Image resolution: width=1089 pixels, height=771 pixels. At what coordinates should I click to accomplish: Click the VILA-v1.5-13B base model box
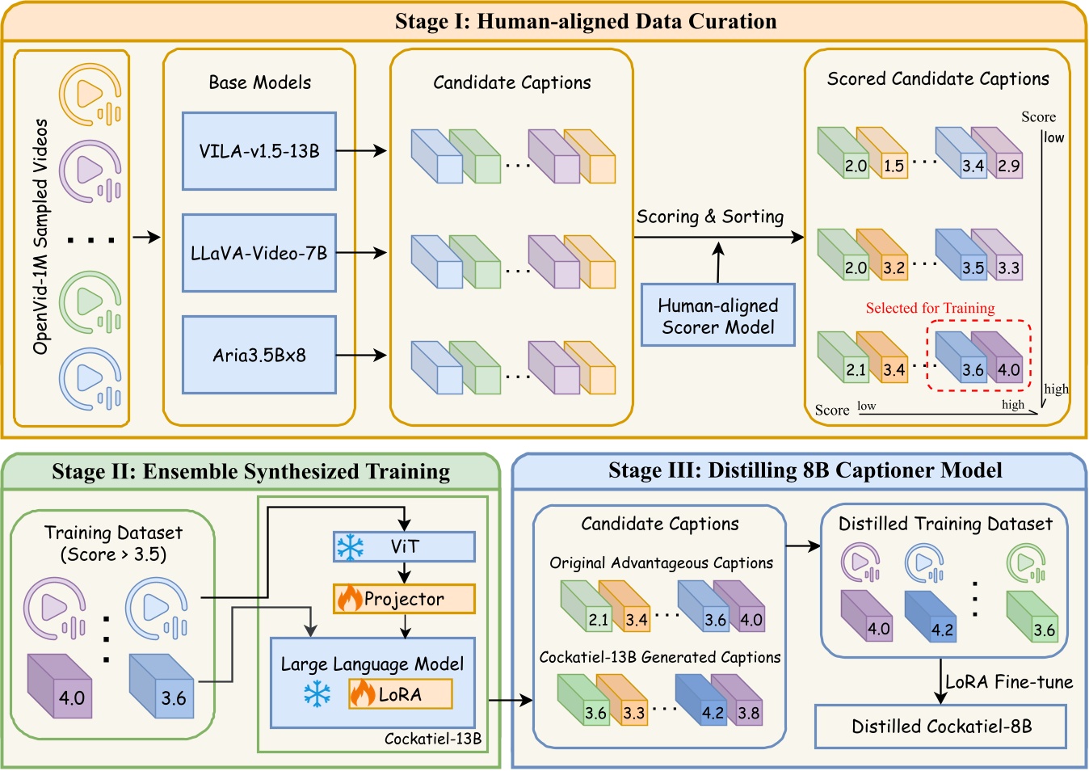[259, 151]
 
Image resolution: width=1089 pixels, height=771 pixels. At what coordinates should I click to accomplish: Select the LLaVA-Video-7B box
[259, 253]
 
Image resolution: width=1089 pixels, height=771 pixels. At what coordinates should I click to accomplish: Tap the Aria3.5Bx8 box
[259, 355]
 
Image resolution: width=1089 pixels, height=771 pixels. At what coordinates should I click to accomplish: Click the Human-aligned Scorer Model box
[718, 315]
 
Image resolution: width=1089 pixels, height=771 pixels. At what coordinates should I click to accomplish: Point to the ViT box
[404, 547]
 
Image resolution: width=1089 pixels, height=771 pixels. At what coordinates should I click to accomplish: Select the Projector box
[404, 599]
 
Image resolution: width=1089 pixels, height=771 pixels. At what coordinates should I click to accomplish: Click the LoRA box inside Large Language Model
[400, 694]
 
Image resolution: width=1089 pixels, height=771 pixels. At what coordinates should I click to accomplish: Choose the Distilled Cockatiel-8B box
[940, 727]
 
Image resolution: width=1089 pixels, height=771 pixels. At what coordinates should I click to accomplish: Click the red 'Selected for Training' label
[930, 308]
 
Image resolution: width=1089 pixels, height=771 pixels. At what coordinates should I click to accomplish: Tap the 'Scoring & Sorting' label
[710, 217]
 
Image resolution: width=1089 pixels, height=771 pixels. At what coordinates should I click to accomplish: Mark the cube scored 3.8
[737, 700]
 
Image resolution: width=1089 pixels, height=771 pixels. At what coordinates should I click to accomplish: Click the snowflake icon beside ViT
[351, 547]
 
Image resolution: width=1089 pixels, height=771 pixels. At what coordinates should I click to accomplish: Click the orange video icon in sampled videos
[90, 95]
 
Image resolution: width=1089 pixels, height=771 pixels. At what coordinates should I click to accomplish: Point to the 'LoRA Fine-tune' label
[1009, 682]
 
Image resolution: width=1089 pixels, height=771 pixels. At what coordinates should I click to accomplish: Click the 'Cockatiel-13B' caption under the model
[433, 739]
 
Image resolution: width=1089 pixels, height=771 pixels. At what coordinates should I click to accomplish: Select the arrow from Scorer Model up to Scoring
[718, 263]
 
